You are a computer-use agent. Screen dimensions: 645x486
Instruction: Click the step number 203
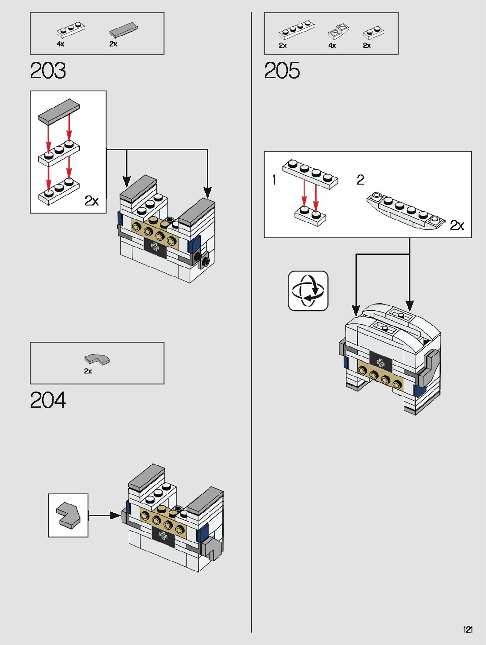(x=48, y=70)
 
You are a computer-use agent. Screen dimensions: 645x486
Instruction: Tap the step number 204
(x=48, y=400)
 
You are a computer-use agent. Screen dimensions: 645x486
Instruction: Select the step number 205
(x=282, y=70)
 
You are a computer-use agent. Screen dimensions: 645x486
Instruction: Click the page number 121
(x=468, y=629)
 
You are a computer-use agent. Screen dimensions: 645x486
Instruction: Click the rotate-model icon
(x=308, y=291)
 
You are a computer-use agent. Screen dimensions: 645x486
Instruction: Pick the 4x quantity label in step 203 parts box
(x=60, y=44)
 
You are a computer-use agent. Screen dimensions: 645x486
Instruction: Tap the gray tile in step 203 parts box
(x=123, y=30)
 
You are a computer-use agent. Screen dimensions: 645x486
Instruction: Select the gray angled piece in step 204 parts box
(x=97, y=359)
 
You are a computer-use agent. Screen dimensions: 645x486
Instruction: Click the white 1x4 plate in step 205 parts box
(x=297, y=31)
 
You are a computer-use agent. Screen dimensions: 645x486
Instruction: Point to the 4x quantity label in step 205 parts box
(x=332, y=45)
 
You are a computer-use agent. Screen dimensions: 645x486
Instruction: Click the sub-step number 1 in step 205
(x=274, y=180)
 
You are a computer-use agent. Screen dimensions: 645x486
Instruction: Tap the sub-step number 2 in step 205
(x=360, y=180)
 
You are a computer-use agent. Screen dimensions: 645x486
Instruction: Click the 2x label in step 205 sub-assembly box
(x=457, y=225)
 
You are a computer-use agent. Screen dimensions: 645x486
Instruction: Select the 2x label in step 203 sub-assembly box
(x=91, y=201)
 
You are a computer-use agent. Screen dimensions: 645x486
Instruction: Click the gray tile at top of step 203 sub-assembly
(x=59, y=111)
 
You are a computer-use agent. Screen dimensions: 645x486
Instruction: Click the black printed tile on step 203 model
(x=155, y=248)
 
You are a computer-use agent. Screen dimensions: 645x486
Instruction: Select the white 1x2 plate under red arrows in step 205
(x=310, y=215)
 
